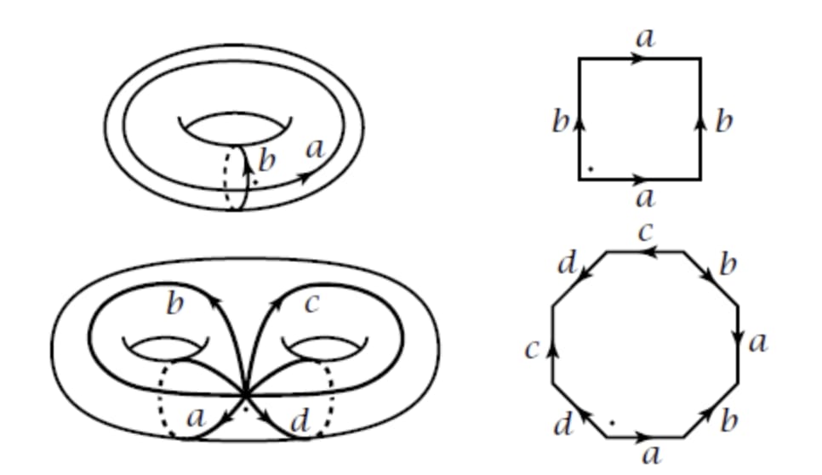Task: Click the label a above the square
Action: [646, 38]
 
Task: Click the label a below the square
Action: [646, 198]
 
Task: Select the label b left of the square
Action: [559, 123]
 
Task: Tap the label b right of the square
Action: [723, 122]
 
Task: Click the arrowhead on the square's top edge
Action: [640, 59]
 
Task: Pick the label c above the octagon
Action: [646, 232]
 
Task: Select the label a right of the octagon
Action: [758, 342]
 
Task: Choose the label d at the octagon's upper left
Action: [567, 264]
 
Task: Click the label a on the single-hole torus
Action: [316, 149]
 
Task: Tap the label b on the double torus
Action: [174, 304]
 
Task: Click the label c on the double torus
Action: [311, 303]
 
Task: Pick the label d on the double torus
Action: [300, 421]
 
